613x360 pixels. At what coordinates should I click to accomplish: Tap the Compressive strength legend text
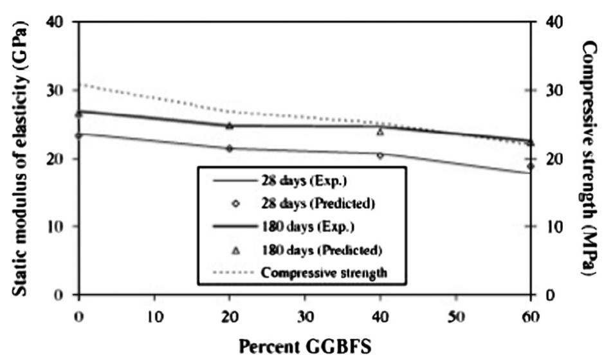coord(324,272)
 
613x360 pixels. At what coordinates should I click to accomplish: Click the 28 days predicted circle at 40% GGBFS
coord(380,156)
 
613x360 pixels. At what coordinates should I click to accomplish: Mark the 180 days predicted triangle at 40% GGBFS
coord(380,132)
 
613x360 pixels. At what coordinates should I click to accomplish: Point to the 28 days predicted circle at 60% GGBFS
coord(531,166)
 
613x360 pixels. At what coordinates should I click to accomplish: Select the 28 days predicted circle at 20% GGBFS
coord(229,148)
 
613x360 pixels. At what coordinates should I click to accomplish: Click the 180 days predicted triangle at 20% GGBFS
coord(229,125)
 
